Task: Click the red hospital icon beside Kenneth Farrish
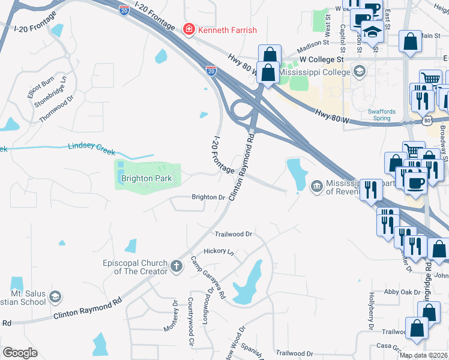(x=188, y=29)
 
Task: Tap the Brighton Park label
(x=146, y=179)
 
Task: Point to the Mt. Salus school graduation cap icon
(x=55, y=296)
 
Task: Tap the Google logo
(x=20, y=353)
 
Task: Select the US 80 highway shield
(x=427, y=121)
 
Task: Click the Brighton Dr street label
(x=208, y=197)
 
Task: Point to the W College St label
(x=321, y=59)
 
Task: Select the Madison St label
(x=313, y=43)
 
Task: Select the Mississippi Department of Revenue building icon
(x=316, y=187)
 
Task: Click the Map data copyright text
(x=423, y=355)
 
